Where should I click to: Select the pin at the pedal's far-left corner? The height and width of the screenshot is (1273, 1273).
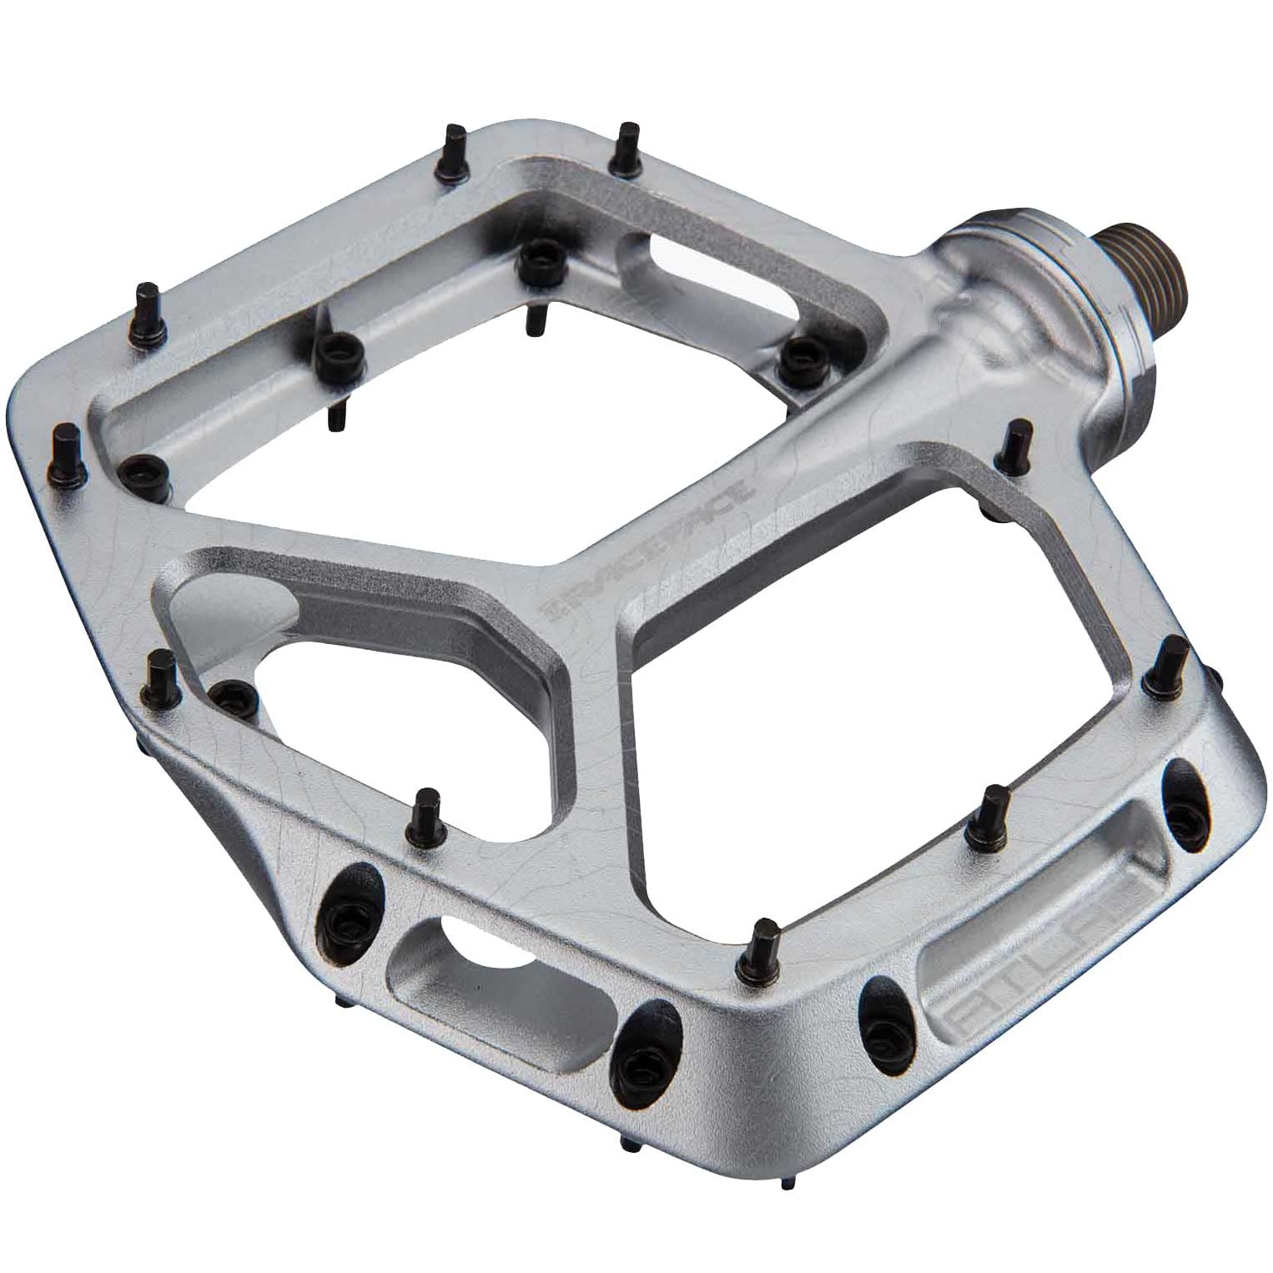coord(65,446)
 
